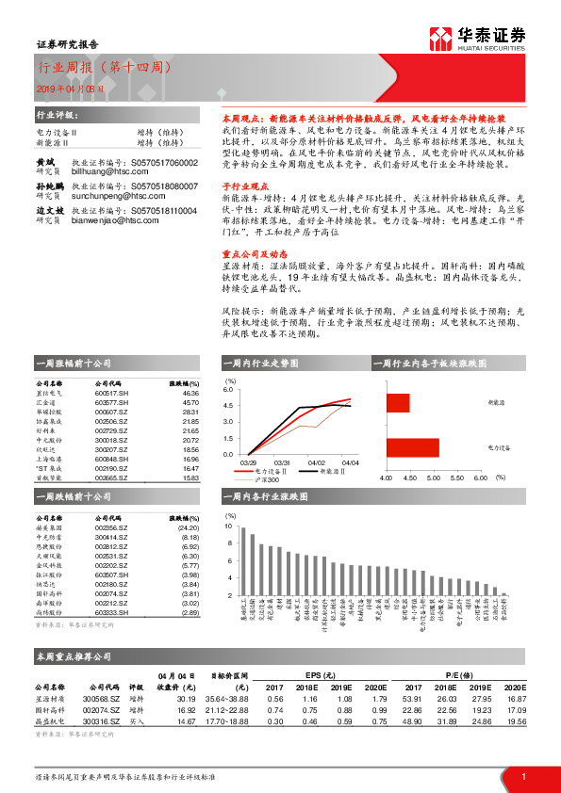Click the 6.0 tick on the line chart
tap(227, 389)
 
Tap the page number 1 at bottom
tap(523, 776)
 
